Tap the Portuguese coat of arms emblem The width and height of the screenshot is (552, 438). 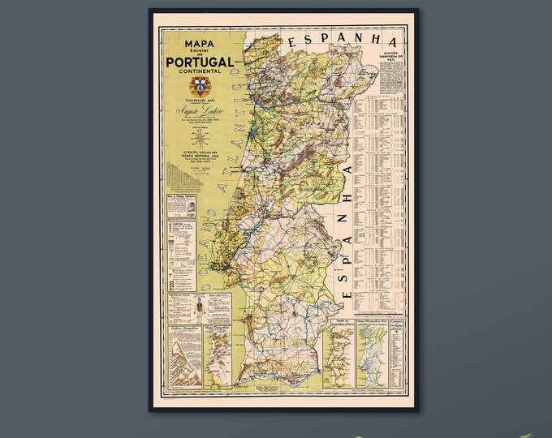(199, 86)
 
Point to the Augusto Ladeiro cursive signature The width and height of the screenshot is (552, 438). (199, 109)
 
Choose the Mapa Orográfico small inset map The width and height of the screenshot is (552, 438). (217, 357)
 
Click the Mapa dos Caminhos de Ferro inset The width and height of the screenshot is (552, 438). (339, 354)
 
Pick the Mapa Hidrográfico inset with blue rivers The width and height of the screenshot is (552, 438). (372, 354)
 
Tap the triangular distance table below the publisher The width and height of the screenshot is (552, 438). (180, 174)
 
